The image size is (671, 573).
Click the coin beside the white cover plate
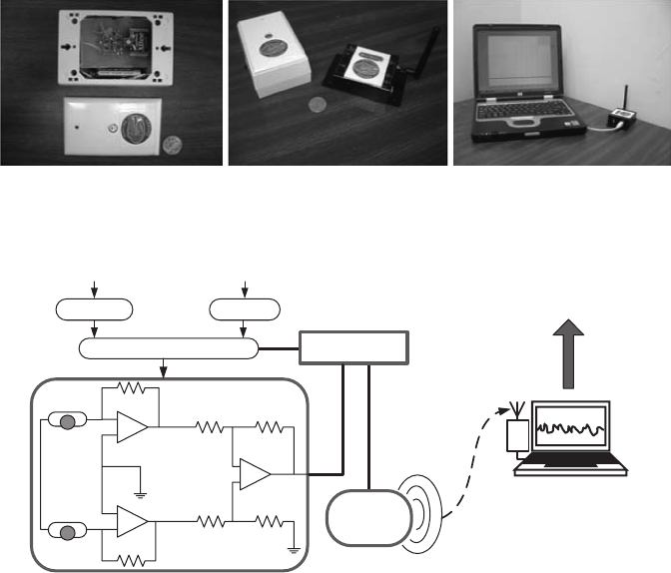pyautogui.click(x=174, y=146)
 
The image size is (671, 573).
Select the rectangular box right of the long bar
pyautogui.click(x=356, y=349)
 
